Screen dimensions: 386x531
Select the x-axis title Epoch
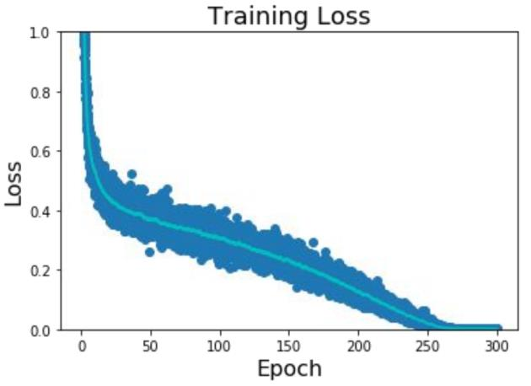tap(289, 368)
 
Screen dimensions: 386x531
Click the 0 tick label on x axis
tap(82, 346)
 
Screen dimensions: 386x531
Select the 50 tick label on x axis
tap(151, 346)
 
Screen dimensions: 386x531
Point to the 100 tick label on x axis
tap(220, 346)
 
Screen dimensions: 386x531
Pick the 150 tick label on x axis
tap(289, 346)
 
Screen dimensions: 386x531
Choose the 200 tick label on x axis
tap(358, 346)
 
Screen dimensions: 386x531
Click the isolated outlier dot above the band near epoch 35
tap(131, 174)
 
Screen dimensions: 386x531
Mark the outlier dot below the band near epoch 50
tap(150, 252)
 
